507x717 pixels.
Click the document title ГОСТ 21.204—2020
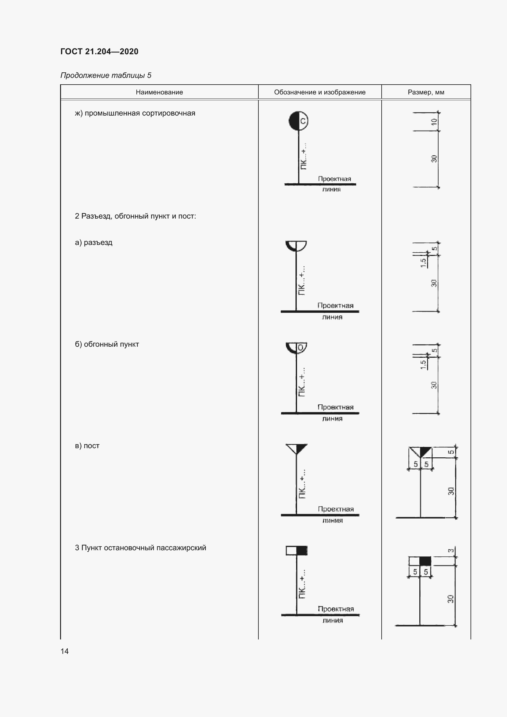click(x=99, y=51)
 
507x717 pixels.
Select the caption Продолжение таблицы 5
click(x=106, y=75)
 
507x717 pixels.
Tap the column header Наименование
click(x=159, y=92)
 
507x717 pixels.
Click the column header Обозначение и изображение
click(x=320, y=92)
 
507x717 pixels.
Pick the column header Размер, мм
click(x=426, y=92)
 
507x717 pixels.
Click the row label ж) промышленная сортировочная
click(x=135, y=113)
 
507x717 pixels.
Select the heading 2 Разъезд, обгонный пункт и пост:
click(x=135, y=216)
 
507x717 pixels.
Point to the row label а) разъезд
click(x=94, y=242)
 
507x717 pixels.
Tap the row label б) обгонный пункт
click(x=107, y=344)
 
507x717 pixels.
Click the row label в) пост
click(x=87, y=446)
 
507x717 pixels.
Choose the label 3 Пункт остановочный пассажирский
click(x=140, y=548)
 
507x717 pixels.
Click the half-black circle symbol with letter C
click(x=299, y=120)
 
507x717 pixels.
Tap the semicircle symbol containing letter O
click(x=296, y=348)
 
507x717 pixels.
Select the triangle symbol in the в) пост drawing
click(x=297, y=448)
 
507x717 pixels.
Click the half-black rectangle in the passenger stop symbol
click(x=297, y=551)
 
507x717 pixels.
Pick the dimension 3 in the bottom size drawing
click(x=451, y=551)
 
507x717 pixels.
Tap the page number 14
click(x=65, y=651)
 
